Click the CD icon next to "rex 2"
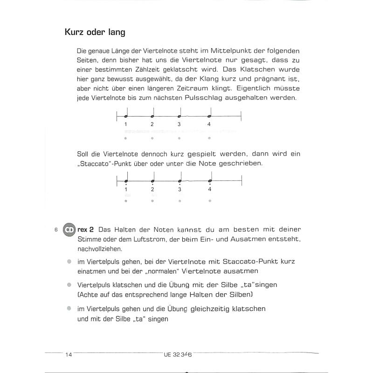click(x=69, y=229)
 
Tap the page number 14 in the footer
click(x=69, y=355)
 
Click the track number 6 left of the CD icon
click(x=55, y=230)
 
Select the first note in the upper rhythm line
click(x=126, y=115)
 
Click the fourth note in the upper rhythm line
click(x=209, y=115)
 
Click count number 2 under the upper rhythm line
click(x=152, y=124)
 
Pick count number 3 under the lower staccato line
click(x=179, y=189)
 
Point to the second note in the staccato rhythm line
click(x=152, y=180)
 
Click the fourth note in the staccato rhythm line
click(x=210, y=180)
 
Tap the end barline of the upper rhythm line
click(x=241, y=116)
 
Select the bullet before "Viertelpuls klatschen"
click(x=69, y=284)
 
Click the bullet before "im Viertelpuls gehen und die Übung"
click(x=69, y=308)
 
